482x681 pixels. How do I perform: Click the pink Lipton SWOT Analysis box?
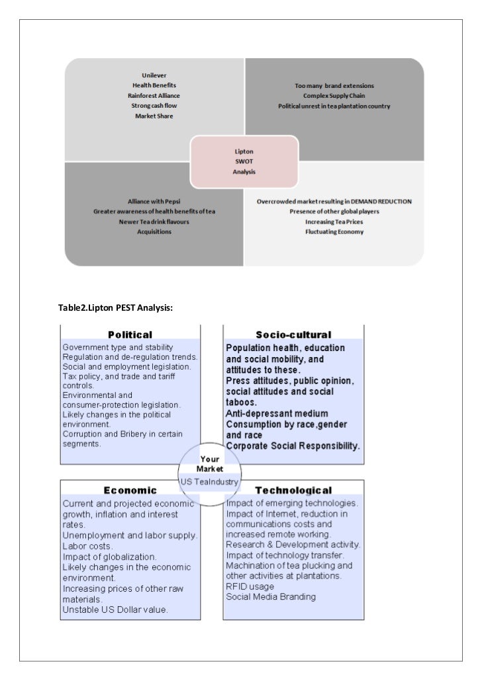(244, 161)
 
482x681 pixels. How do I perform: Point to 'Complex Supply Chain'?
(334, 95)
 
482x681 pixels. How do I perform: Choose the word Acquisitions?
(154, 232)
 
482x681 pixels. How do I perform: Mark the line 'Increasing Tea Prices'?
(334, 221)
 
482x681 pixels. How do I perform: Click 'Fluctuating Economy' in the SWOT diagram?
(334, 232)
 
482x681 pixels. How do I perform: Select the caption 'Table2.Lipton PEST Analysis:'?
(116, 305)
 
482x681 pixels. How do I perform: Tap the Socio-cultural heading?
(293, 335)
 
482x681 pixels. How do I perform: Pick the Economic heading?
(130, 490)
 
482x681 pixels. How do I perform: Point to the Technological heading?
(293, 490)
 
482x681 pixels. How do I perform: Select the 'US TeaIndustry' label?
(209, 482)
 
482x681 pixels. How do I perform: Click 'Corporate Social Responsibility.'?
(293, 446)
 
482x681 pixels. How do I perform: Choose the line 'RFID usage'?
(250, 586)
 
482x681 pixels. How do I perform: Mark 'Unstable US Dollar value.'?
(115, 610)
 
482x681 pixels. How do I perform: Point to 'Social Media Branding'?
(271, 596)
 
